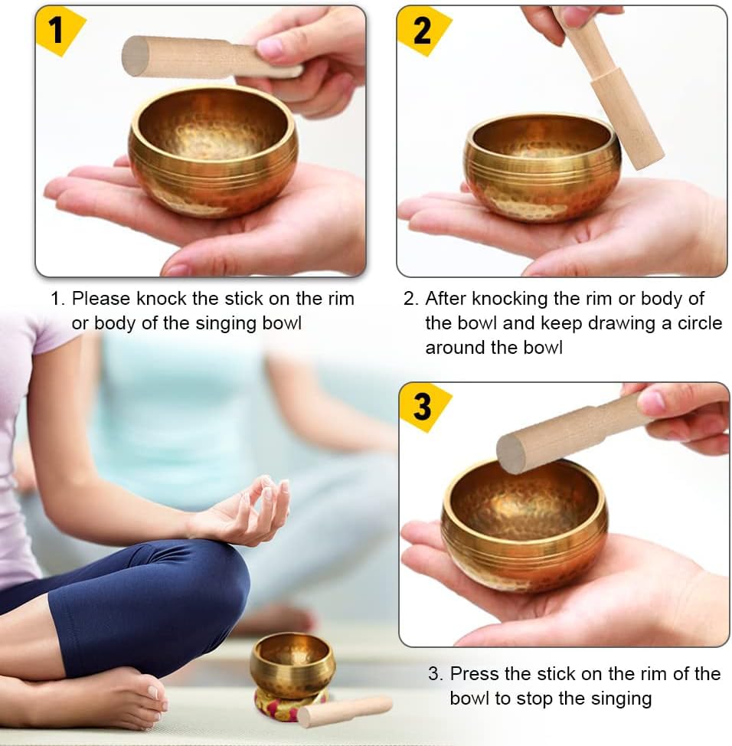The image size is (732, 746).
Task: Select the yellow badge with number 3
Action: [422, 406]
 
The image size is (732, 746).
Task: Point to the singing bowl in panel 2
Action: [542, 167]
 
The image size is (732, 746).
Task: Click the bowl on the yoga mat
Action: [292, 663]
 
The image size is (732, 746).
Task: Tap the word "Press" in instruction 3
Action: [475, 674]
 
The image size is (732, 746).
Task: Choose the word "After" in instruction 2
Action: [446, 299]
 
